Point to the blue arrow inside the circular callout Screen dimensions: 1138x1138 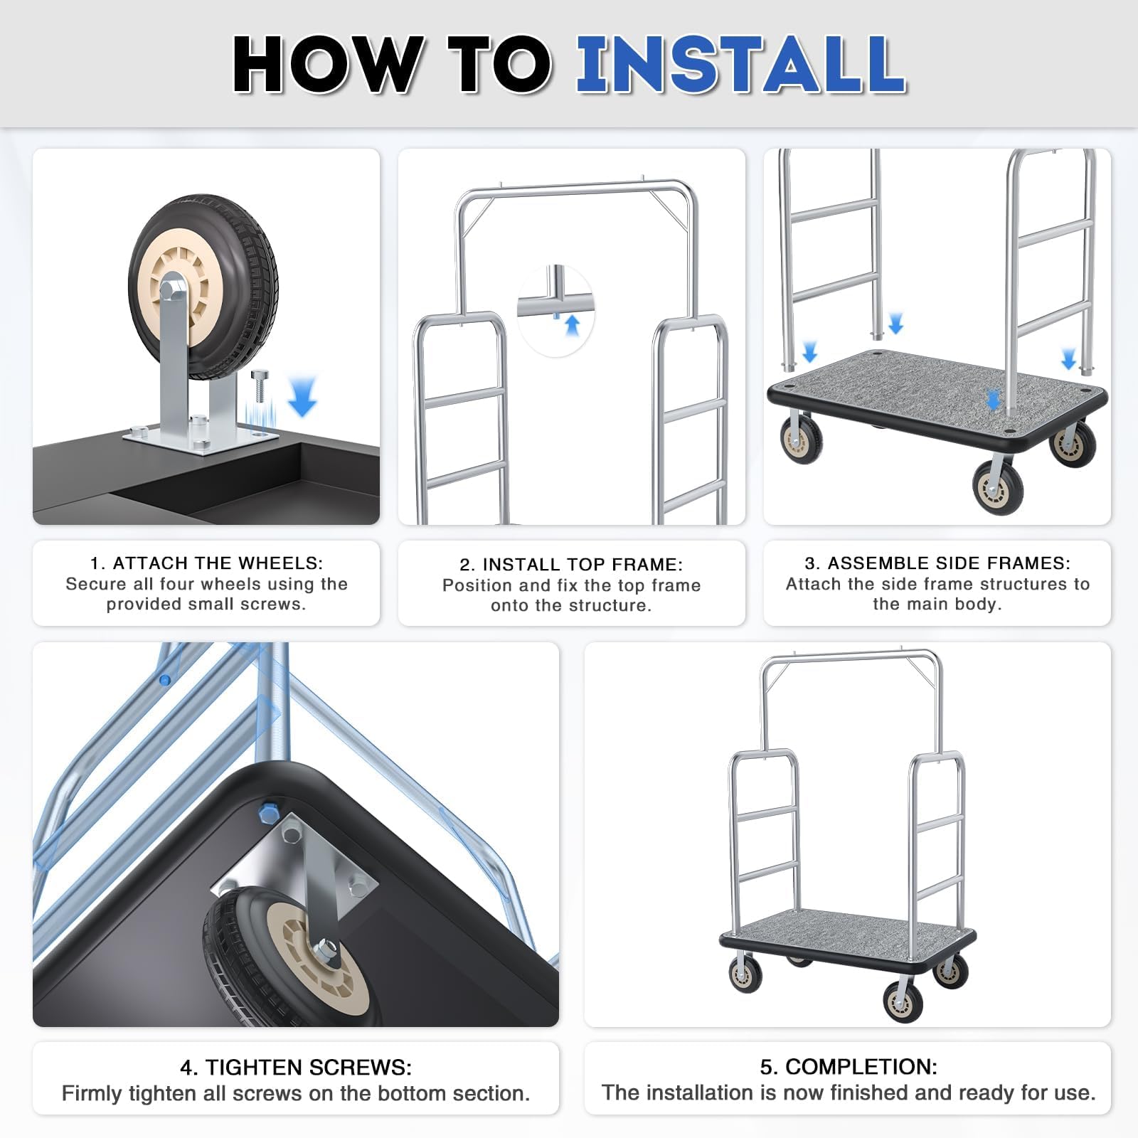pyautogui.click(x=572, y=325)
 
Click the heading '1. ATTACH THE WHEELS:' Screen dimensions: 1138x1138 pyautogui.click(x=206, y=563)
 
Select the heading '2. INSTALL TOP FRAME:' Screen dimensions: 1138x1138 pyautogui.click(x=571, y=564)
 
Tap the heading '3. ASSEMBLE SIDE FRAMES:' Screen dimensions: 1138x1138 pyautogui.click(x=937, y=563)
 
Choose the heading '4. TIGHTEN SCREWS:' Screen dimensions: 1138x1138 pyautogui.click(x=296, y=1067)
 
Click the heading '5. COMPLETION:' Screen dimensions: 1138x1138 pyautogui.click(x=849, y=1066)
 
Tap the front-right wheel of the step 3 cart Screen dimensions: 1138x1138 pyautogui.click(x=998, y=486)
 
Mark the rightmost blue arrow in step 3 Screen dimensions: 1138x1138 pyautogui.click(x=1069, y=359)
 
